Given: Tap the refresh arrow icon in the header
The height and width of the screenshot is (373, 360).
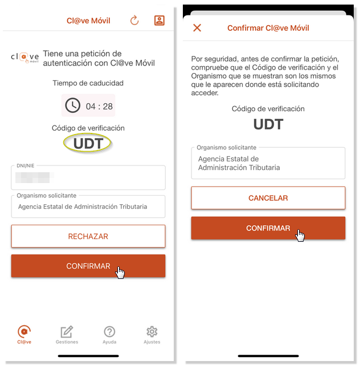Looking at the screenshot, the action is click(x=134, y=21).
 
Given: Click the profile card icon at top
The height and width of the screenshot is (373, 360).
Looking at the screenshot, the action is click(x=159, y=21).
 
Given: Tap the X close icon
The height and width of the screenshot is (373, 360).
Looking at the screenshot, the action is click(x=197, y=28).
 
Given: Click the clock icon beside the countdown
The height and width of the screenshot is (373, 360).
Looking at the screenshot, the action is click(x=72, y=105).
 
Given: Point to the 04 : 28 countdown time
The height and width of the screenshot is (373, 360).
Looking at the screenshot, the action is click(x=99, y=106).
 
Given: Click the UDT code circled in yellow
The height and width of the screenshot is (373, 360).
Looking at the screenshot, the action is click(x=88, y=144).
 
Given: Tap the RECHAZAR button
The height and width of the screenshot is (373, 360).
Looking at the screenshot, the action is click(x=88, y=236).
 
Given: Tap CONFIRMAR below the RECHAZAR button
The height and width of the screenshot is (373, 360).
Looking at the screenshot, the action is click(x=88, y=266).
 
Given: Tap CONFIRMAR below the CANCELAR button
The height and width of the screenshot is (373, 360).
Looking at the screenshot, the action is click(x=268, y=228).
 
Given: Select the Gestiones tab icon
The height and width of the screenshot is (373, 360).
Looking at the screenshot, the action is click(x=67, y=332).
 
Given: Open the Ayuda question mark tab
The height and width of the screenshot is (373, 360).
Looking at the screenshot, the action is click(x=109, y=331).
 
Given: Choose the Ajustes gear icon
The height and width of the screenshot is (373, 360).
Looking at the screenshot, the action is click(x=152, y=331).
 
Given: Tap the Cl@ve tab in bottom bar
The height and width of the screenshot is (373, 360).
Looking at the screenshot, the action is click(x=24, y=335).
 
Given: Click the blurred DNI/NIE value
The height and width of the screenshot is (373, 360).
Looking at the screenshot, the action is click(x=34, y=177).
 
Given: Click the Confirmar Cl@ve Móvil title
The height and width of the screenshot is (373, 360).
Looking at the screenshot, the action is click(x=268, y=28).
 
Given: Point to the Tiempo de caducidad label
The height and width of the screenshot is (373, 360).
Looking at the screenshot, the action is click(x=88, y=83).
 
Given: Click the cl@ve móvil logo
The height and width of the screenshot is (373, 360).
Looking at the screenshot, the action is click(x=25, y=58).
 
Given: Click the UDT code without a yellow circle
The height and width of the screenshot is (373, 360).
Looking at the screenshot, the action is click(x=268, y=124).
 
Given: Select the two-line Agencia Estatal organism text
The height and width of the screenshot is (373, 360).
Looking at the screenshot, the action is click(x=239, y=163).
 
